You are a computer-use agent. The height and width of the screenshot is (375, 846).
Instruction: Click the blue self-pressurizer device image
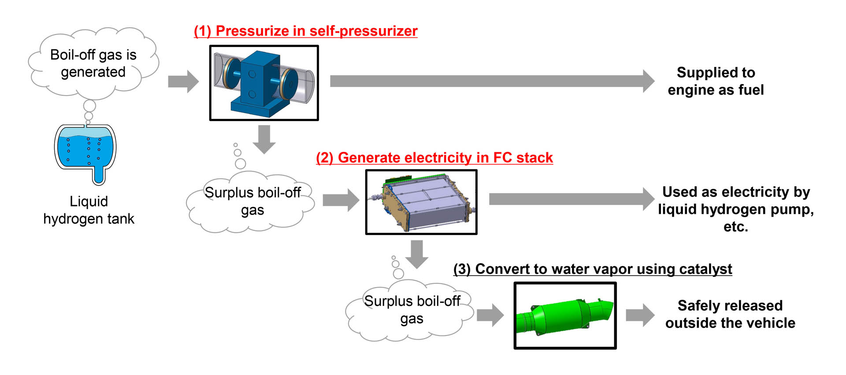click(263, 83)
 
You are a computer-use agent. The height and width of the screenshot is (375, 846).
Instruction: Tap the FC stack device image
click(421, 202)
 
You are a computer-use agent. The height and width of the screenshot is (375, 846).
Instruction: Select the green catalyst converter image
click(565, 316)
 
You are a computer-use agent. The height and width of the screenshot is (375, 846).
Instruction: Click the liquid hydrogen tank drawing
click(85, 152)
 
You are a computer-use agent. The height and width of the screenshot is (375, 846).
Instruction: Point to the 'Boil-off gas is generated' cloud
click(93, 63)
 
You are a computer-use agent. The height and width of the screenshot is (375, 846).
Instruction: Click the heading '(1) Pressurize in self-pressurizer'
click(305, 31)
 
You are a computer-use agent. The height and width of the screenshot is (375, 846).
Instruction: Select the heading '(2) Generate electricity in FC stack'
click(434, 158)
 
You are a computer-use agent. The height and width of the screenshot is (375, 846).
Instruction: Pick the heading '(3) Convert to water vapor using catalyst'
click(593, 269)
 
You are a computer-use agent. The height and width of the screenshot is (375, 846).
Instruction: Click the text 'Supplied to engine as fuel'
click(716, 81)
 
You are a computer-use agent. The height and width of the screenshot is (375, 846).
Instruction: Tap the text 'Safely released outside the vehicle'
click(730, 314)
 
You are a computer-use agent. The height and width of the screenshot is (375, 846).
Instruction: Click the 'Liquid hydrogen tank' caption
click(89, 210)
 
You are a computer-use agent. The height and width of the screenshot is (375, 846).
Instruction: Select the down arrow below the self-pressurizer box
click(264, 139)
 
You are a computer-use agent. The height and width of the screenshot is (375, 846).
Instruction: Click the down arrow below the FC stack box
click(416, 254)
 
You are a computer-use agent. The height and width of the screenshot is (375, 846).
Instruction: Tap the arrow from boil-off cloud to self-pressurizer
click(183, 81)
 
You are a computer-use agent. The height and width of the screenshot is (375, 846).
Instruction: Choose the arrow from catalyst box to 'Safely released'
click(640, 315)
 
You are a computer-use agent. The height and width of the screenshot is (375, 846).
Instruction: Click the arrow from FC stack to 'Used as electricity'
click(571, 199)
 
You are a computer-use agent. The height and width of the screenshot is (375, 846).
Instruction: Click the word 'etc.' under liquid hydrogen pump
click(735, 227)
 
